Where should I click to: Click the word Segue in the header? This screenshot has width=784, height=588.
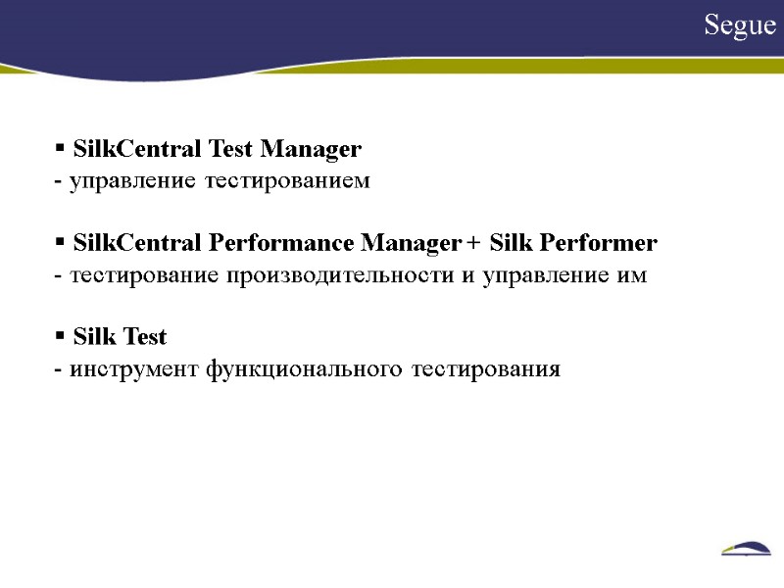tap(740, 26)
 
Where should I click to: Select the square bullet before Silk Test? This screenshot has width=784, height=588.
tap(60, 336)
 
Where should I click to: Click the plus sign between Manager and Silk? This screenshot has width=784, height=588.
tap(474, 243)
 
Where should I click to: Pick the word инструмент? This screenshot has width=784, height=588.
tap(134, 368)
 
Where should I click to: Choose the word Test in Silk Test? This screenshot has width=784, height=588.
tap(145, 338)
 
